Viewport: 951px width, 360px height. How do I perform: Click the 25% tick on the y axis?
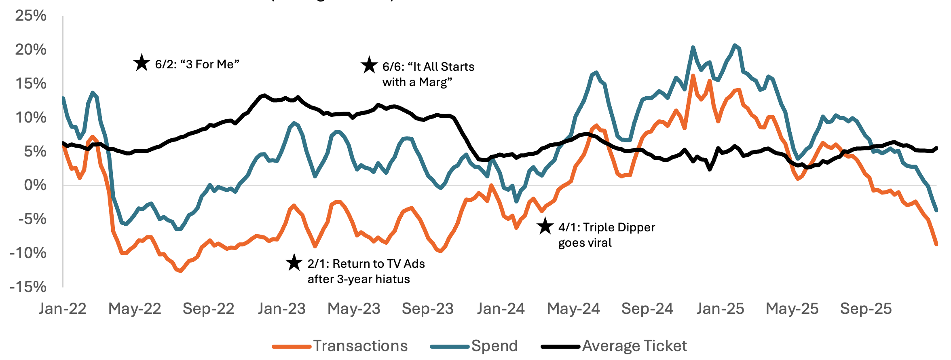31,16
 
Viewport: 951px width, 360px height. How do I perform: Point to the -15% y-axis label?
28,287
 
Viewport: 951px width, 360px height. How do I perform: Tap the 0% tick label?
35,185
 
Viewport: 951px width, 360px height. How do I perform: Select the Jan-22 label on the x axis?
63,309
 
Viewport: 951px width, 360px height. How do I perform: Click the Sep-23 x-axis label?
427,309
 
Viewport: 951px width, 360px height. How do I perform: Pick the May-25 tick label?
792,309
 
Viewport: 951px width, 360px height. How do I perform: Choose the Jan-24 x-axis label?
501,309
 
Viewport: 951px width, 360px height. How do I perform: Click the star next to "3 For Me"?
142,63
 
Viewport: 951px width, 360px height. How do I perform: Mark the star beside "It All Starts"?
369,66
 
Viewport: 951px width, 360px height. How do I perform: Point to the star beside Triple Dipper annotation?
545,227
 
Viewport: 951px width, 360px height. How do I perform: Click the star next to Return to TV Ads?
294,263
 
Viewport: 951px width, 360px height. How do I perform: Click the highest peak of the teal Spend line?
735,45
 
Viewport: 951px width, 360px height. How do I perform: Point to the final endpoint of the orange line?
936,244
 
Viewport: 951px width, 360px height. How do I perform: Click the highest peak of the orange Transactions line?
693,75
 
